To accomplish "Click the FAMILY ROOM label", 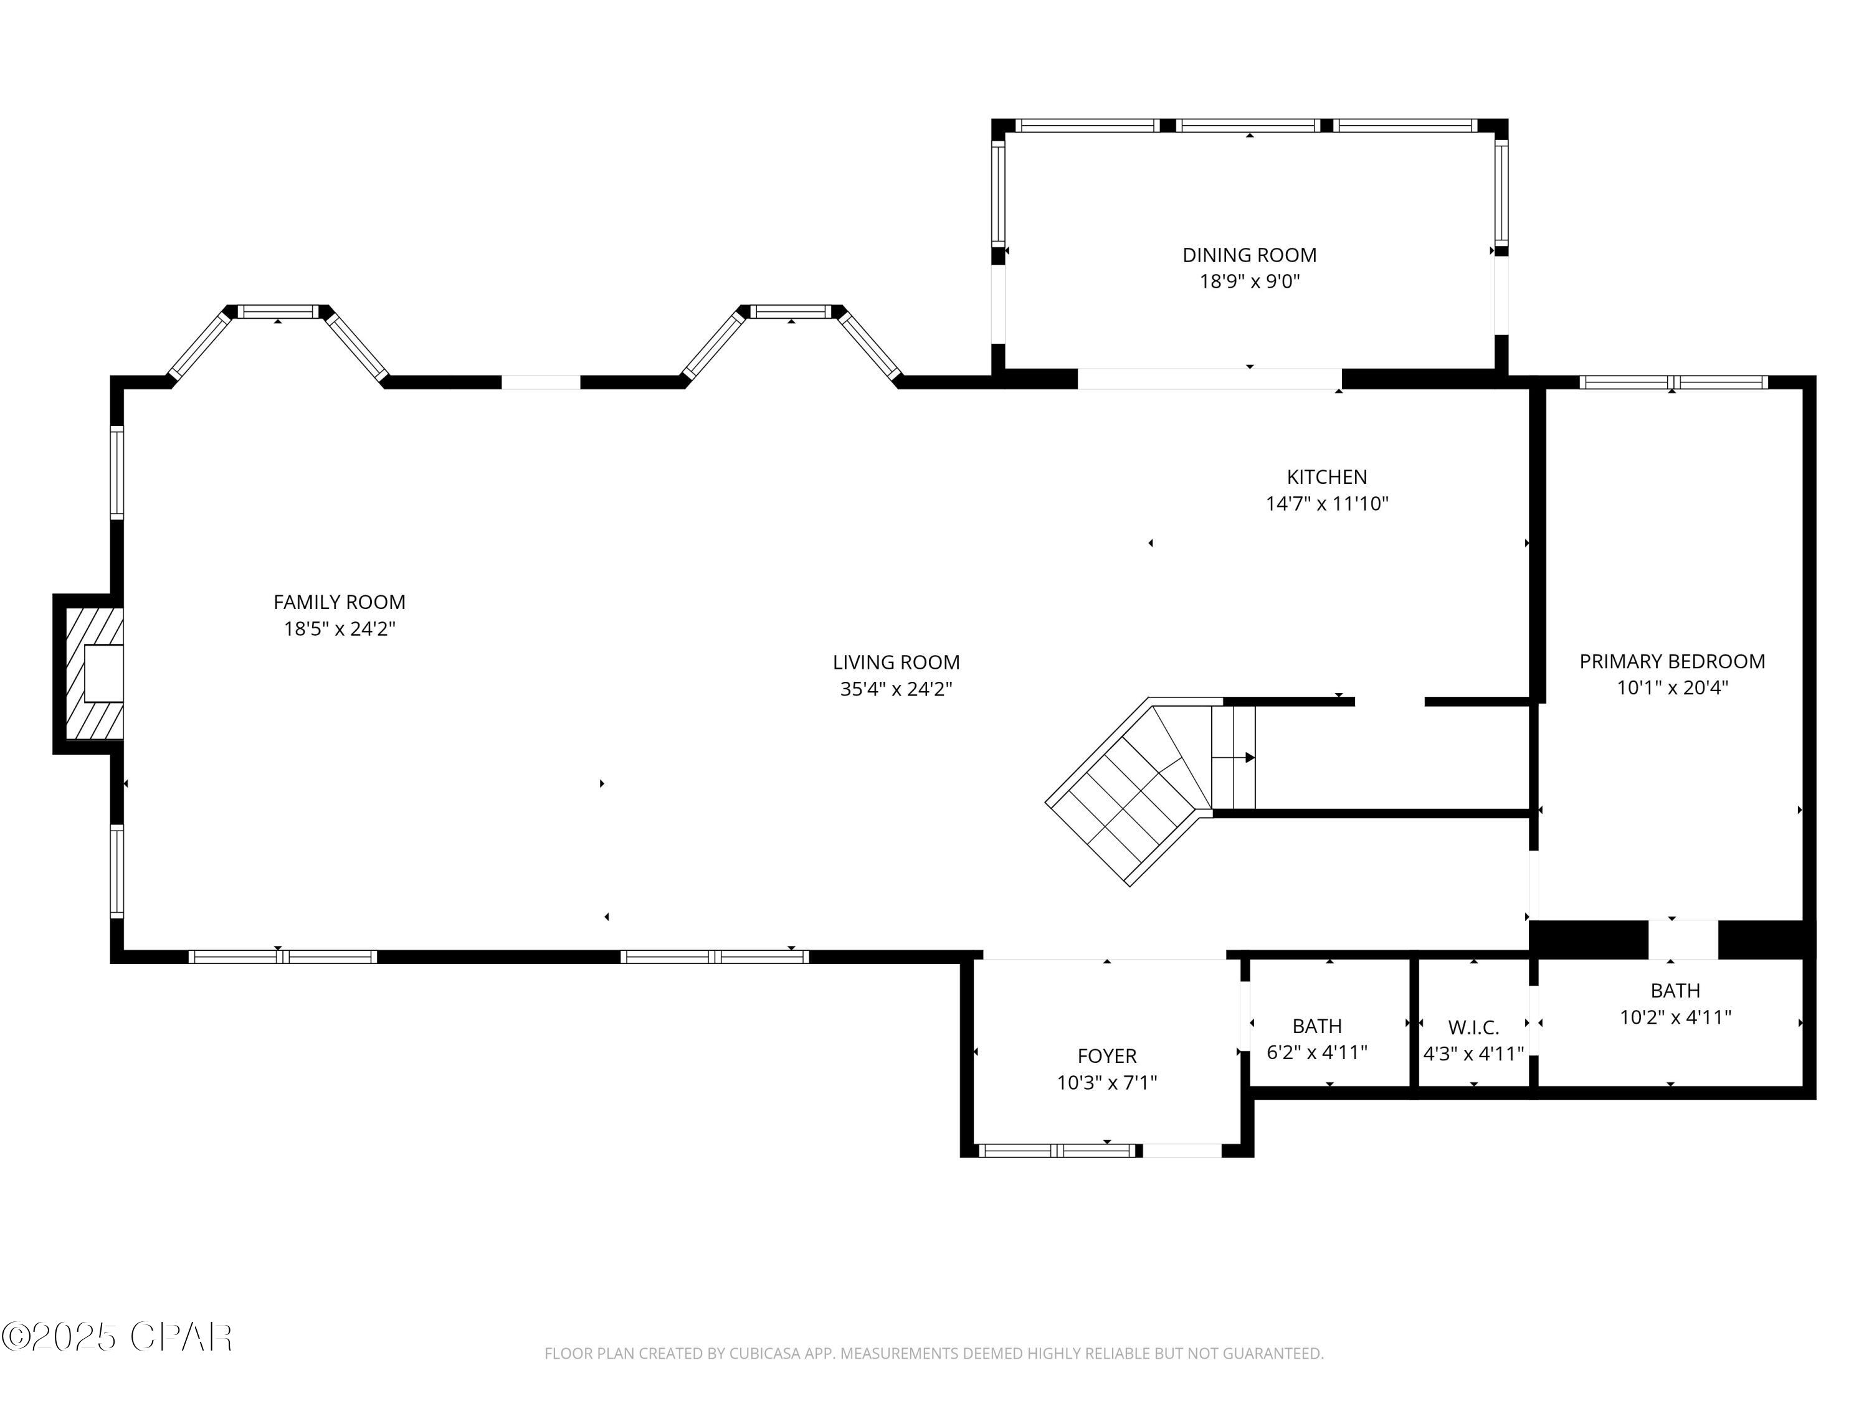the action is point(339,602).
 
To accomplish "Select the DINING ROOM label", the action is point(1249,255).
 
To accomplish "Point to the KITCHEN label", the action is point(1326,477).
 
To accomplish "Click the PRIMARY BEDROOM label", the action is point(1672,661).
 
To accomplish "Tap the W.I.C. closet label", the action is point(1473,1028).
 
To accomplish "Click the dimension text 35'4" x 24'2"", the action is point(896,689).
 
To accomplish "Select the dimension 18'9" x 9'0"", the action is point(1250,281).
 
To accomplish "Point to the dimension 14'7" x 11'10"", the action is point(1326,504).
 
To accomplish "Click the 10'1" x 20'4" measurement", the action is point(1672,687).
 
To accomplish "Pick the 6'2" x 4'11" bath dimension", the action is point(1316,1052).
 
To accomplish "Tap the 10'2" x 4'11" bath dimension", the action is point(1675,1017).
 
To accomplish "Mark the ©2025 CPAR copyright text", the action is point(117,1337).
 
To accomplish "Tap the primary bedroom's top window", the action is point(1673,382).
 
